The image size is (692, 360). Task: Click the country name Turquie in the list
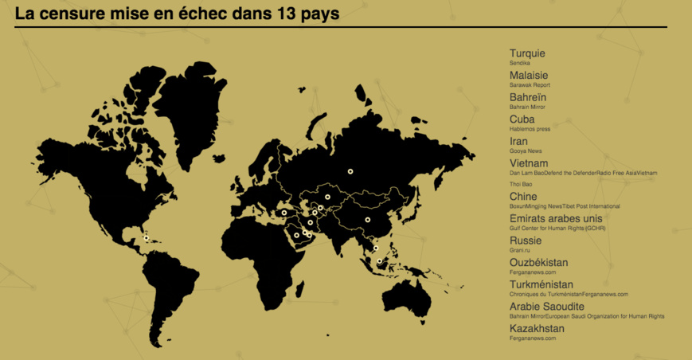click(527, 53)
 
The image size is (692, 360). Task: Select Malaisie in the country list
click(529, 76)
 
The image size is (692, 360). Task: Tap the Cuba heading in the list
click(522, 119)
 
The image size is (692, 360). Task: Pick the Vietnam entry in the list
click(529, 163)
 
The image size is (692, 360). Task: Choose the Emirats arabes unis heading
click(556, 218)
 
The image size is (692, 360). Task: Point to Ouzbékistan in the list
click(538, 262)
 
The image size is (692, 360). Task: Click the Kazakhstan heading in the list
click(537, 328)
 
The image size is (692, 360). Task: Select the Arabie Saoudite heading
click(546, 307)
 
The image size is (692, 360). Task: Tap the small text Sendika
click(519, 63)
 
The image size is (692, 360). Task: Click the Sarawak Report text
click(530, 85)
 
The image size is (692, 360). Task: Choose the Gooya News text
click(526, 151)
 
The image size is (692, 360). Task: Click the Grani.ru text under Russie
click(520, 250)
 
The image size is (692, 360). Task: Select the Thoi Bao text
click(522, 184)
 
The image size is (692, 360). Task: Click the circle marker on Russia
click(349, 170)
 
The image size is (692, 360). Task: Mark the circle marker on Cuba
click(145, 237)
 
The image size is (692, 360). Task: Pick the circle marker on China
click(367, 219)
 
